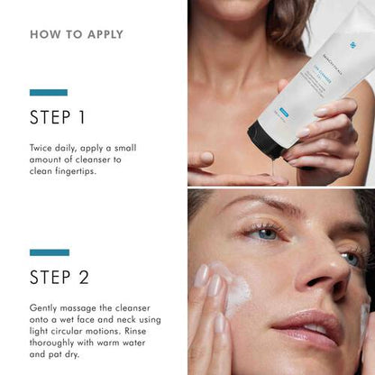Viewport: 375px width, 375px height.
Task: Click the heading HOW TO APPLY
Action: pyautogui.click(x=77, y=34)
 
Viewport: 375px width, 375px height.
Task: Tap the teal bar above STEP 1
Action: pyautogui.click(x=49, y=92)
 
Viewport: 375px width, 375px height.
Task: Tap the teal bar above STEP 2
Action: pyautogui.click(x=49, y=252)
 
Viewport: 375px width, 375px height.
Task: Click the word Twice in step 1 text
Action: pyautogui.click(x=43, y=145)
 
